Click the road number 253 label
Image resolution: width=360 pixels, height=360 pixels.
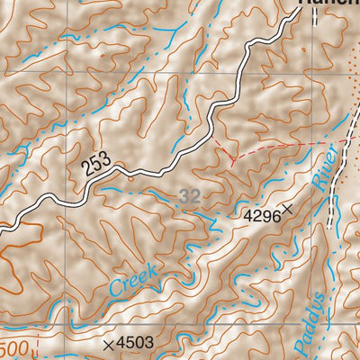click(x=98, y=165)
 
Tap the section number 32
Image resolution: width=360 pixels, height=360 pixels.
click(x=188, y=195)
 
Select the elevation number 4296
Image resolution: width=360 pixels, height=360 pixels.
click(x=261, y=216)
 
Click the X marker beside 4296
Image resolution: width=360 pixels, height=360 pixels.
click(x=288, y=209)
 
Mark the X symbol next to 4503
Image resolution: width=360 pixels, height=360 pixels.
click(x=109, y=344)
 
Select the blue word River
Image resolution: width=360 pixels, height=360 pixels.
click(x=325, y=168)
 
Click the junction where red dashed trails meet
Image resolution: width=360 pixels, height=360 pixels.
click(x=232, y=159)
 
